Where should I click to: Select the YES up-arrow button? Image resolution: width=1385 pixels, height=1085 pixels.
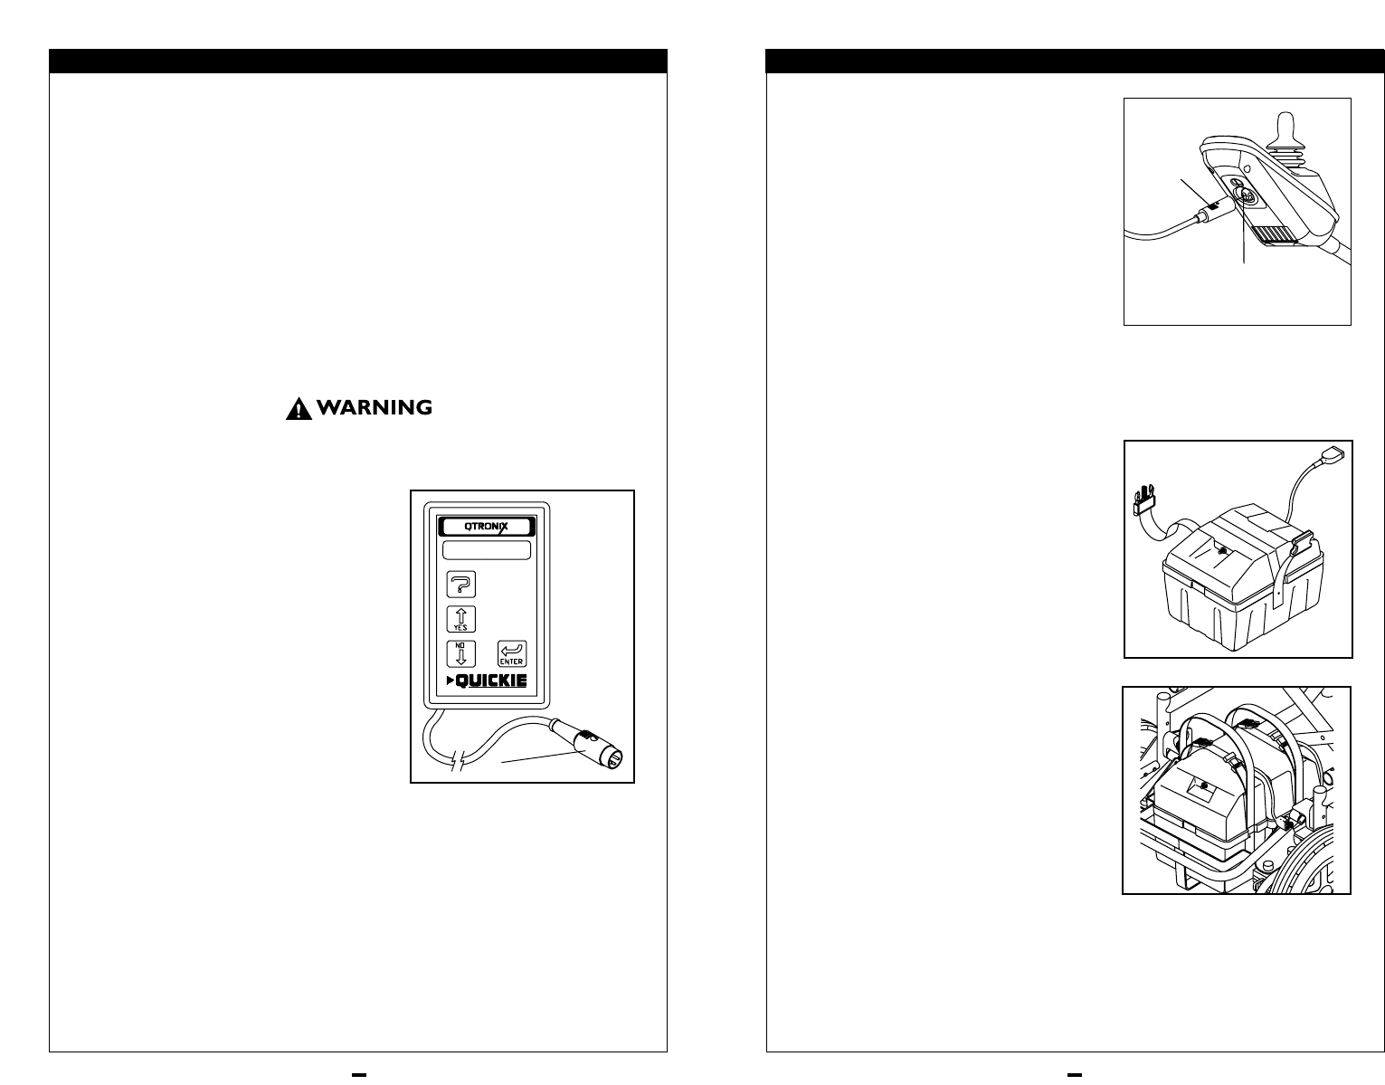click(461, 620)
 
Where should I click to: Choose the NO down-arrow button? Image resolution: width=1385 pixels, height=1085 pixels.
click(461, 653)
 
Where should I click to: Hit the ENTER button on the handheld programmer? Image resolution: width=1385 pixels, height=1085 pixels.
click(512, 654)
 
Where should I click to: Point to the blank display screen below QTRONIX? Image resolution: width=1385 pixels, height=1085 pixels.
click(487, 550)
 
